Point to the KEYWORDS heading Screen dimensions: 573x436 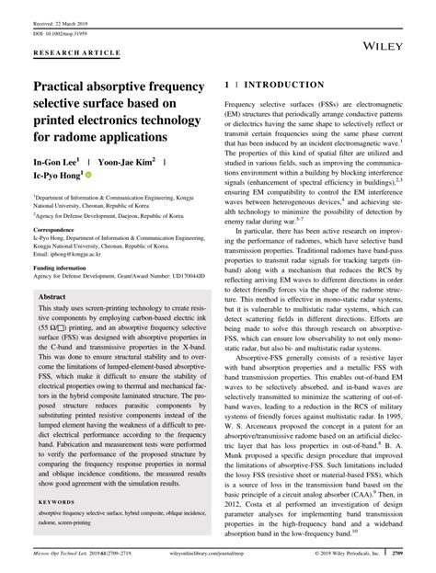coord(59,502)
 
